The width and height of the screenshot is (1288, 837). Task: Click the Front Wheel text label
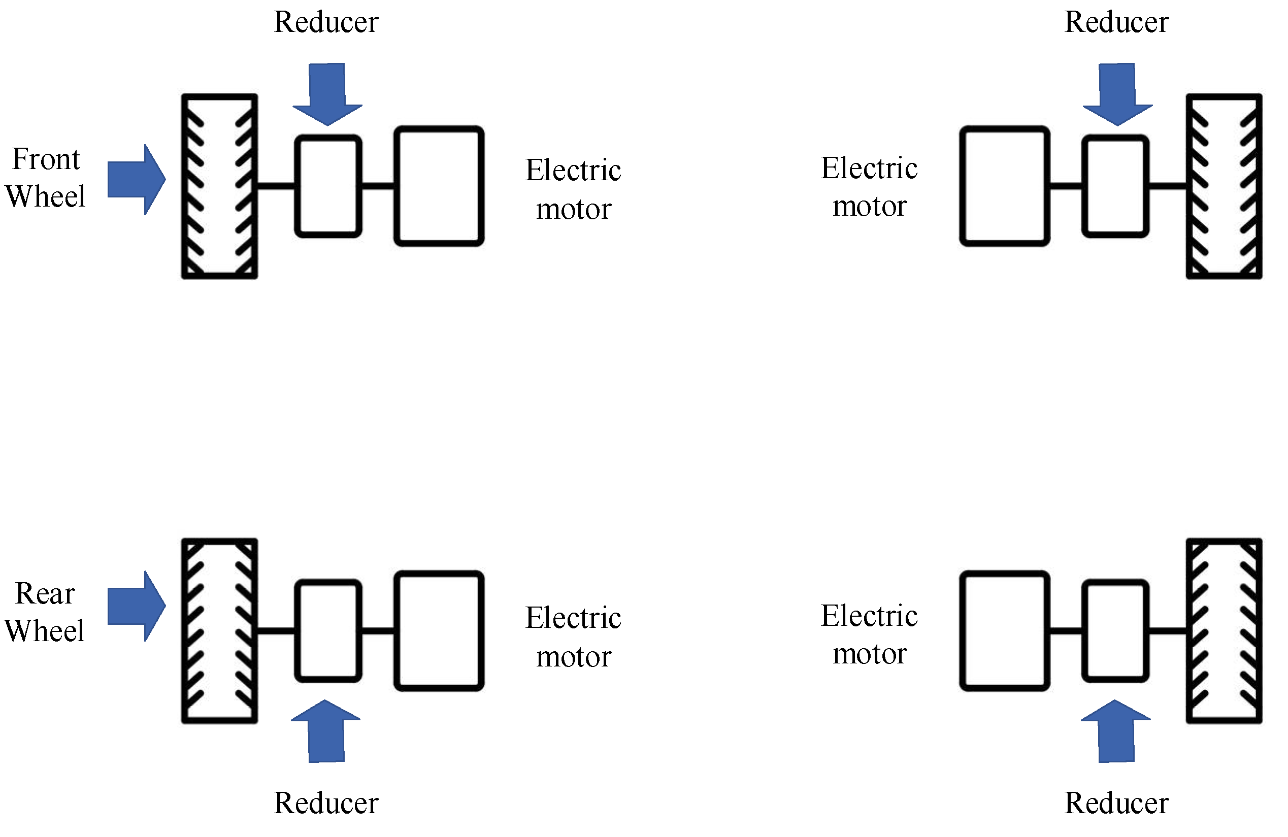tap(46, 178)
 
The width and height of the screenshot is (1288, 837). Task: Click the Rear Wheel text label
tap(44, 612)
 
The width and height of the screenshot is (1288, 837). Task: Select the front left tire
tap(219, 186)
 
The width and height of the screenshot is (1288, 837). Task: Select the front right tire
tap(1224, 186)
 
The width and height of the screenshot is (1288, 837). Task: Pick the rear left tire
tap(219, 630)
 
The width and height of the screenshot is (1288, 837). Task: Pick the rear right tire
tap(1224, 630)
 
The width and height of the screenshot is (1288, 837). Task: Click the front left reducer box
tap(328, 186)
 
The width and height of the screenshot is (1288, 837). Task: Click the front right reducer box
tap(1115, 186)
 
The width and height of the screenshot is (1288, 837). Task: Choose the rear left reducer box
tap(328, 630)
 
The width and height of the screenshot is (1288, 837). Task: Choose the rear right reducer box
tap(1115, 630)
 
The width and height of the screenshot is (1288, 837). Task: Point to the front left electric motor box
tap(438, 186)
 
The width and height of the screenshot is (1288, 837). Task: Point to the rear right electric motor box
tap(1004, 630)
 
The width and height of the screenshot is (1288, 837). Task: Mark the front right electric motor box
tap(1004, 186)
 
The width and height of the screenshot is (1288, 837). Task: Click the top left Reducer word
tap(326, 22)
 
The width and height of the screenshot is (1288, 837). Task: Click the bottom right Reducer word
tap(1116, 803)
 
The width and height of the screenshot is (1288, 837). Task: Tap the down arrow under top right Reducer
tap(1117, 95)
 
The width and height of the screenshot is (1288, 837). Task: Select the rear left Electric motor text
tap(573, 637)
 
